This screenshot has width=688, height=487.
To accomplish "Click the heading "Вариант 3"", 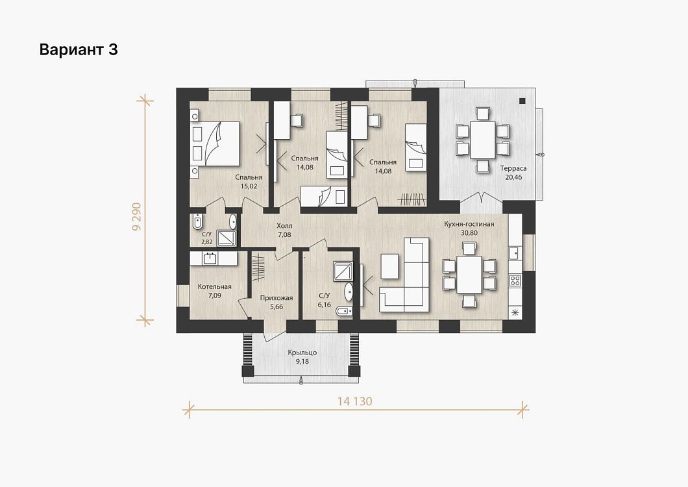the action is (79, 49).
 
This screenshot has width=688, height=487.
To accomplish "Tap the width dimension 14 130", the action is (354, 401).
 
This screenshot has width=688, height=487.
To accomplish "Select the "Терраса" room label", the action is (513, 168).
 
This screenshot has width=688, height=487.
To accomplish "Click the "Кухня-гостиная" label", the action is (469, 224).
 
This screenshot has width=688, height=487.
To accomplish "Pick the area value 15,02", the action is (249, 186).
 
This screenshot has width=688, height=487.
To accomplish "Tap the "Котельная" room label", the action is (215, 287).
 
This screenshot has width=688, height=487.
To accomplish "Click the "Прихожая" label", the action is (276, 298).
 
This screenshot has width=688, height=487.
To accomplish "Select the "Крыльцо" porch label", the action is (302, 353).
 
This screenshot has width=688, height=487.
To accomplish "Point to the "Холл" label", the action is (284, 226).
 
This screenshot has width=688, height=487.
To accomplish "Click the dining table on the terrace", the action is (482, 140).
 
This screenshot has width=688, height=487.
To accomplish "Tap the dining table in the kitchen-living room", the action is (469, 275).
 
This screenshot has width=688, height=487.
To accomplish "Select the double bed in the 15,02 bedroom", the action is (215, 144).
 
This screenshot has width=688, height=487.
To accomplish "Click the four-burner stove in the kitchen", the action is (515, 280).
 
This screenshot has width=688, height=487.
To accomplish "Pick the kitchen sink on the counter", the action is (514, 253).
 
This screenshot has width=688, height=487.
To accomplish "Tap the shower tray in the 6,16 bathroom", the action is (342, 271).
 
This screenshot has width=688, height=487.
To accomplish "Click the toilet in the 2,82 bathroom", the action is (198, 221).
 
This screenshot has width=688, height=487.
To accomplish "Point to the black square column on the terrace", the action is (522, 101).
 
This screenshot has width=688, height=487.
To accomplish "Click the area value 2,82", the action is (206, 242).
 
